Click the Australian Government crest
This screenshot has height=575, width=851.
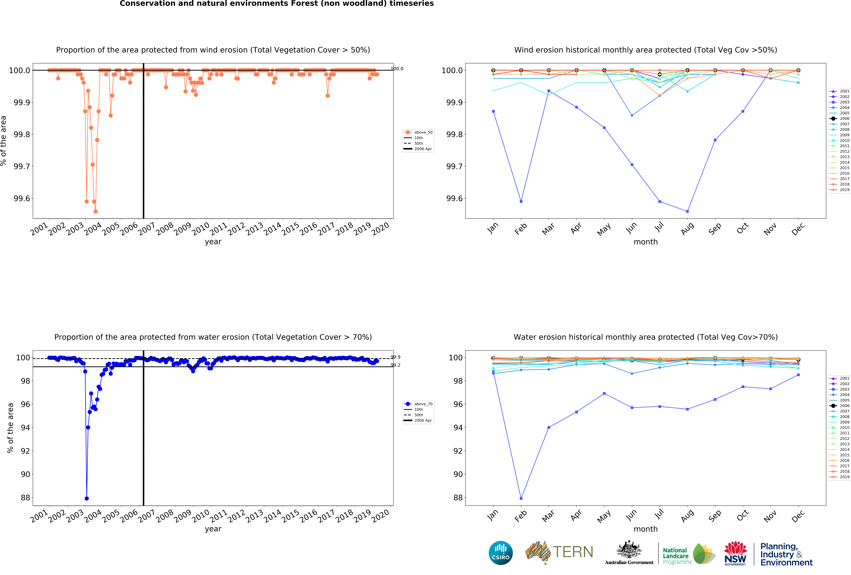point(629,549)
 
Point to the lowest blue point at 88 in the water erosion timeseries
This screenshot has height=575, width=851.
point(86,498)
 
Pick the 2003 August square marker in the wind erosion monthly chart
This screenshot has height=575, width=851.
point(687,211)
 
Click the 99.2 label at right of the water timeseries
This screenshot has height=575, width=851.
point(395,365)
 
